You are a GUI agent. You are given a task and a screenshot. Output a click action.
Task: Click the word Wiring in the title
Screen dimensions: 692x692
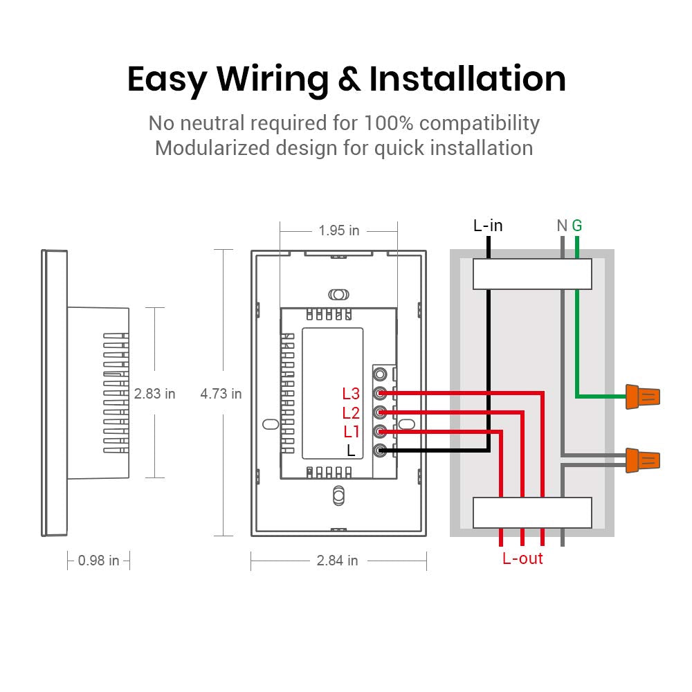coord(273,80)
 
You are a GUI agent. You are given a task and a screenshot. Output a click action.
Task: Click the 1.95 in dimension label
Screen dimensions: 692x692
coord(339,230)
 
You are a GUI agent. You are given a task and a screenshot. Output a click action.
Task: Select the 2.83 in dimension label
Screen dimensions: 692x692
coord(155,394)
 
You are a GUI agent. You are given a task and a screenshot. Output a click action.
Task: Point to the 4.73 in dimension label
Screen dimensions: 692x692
coord(221,394)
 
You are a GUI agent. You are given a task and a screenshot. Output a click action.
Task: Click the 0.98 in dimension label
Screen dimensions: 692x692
coord(99,561)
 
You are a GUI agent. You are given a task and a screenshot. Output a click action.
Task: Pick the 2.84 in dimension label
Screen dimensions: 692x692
coord(338,561)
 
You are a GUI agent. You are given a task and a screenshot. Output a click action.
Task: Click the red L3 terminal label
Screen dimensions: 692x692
coord(352,394)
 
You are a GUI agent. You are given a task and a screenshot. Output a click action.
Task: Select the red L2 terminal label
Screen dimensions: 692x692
coord(352,413)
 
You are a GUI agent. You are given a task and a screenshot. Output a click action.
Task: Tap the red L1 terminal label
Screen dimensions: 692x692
coord(352,432)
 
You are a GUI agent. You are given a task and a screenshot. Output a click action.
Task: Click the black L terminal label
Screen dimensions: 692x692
coord(351,451)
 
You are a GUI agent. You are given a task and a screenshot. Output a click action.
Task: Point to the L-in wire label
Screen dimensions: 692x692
coord(488,226)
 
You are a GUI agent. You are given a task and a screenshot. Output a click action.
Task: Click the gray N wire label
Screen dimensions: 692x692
coord(562,226)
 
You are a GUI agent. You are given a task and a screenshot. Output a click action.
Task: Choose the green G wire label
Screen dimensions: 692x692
coord(577,226)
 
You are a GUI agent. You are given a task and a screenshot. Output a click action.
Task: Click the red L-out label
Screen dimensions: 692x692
coord(522,558)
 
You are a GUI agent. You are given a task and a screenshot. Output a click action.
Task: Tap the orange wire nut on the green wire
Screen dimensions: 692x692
coord(643,397)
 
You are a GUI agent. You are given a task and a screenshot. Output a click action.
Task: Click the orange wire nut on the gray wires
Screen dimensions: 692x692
coord(643,459)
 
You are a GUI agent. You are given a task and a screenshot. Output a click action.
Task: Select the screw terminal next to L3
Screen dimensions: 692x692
coord(379,394)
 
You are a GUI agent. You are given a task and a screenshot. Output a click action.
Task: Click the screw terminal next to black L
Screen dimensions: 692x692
coord(379,451)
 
